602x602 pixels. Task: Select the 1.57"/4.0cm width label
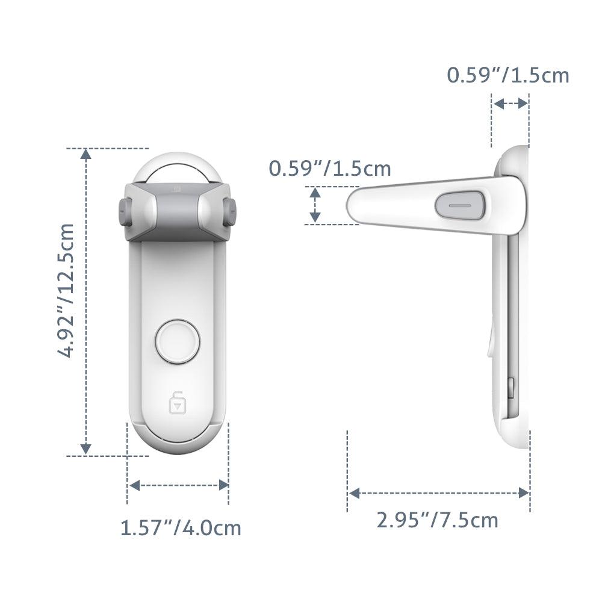(181, 528)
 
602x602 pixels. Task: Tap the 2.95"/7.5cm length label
(438, 519)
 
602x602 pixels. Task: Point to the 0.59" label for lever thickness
(330, 169)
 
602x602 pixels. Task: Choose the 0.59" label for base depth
(507, 75)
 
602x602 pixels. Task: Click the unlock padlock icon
(177, 402)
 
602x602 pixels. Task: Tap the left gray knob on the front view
(125, 213)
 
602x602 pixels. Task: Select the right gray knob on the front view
(229, 213)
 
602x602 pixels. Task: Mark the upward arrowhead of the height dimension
(86, 155)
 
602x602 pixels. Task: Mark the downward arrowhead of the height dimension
(86, 448)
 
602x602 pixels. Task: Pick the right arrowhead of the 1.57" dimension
(223, 485)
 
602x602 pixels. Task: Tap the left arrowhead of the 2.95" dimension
(355, 493)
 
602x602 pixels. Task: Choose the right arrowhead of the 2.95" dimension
(524, 493)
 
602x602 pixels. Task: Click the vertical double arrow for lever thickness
(315, 205)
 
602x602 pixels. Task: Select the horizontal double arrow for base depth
(510, 104)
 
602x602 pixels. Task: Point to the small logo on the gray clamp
(178, 188)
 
